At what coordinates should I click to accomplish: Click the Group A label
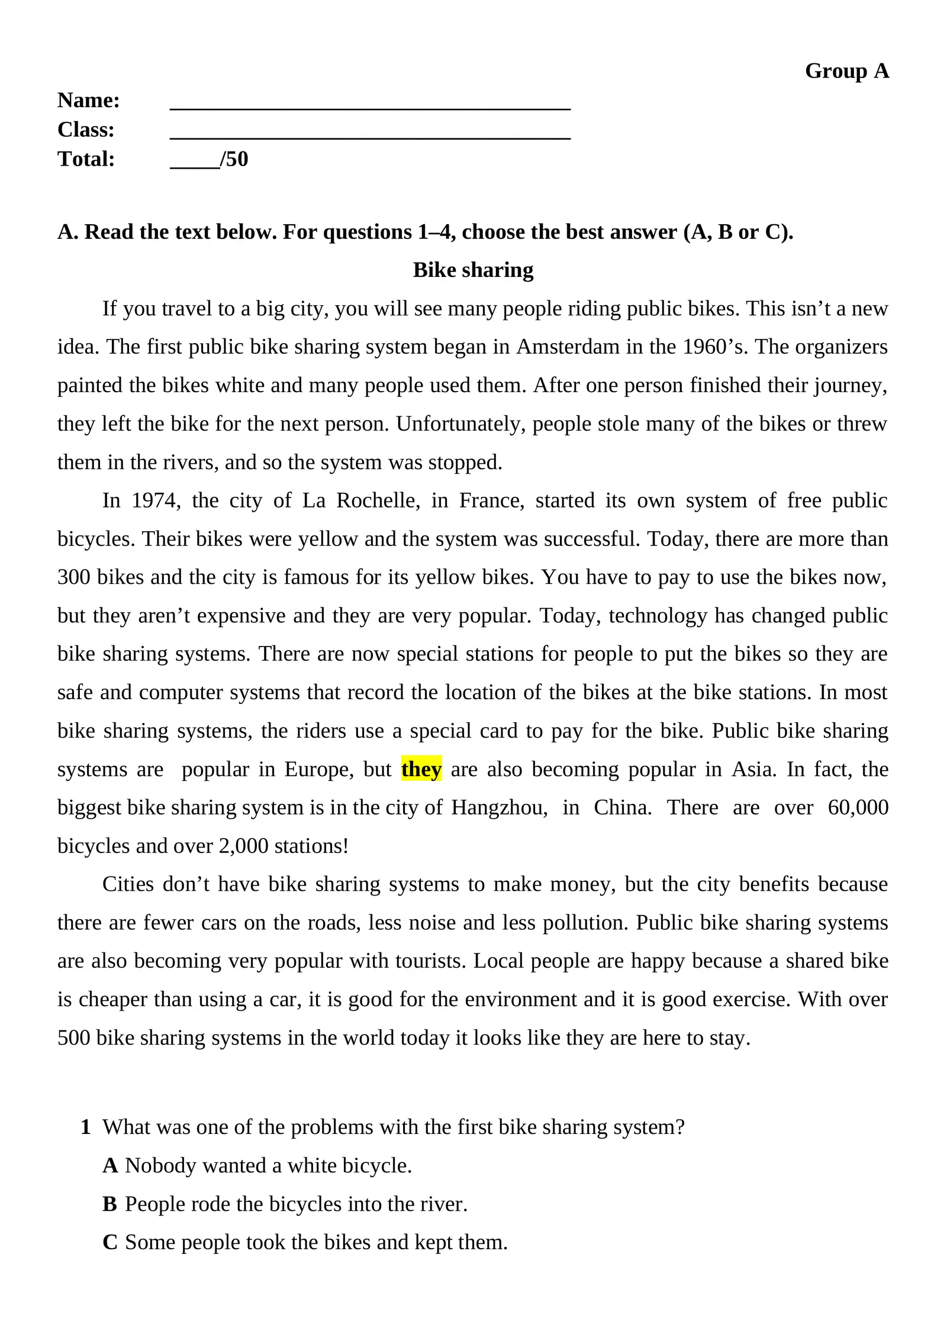click(x=846, y=71)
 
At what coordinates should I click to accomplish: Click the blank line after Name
click(x=370, y=106)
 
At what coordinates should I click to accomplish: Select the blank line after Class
click(x=370, y=135)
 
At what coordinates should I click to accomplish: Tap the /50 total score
click(x=234, y=159)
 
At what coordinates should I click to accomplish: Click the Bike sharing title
click(x=473, y=270)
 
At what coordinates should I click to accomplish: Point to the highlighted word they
click(x=421, y=769)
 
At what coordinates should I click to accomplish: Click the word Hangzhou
click(x=499, y=807)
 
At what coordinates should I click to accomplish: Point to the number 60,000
click(x=858, y=807)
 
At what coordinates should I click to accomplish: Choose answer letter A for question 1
click(x=110, y=1165)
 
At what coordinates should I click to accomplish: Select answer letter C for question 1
click(x=110, y=1242)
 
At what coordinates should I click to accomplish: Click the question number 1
click(x=86, y=1127)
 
